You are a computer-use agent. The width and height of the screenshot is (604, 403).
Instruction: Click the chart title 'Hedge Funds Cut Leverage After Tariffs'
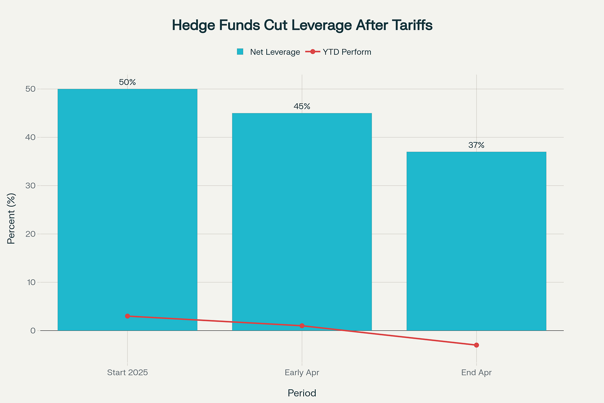click(302, 25)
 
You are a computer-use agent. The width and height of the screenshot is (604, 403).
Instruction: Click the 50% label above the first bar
click(127, 82)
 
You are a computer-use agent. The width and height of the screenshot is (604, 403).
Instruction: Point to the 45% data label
click(302, 106)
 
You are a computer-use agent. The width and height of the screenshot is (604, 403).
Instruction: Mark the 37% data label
click(476, 145)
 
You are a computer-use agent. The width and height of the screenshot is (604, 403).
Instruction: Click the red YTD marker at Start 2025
click(127, 316)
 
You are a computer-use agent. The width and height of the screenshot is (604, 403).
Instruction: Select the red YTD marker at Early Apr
click(302, 326)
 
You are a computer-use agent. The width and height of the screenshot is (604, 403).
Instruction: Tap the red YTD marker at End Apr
click(476, 345)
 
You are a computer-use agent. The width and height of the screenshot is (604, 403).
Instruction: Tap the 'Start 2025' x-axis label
click(127, 373)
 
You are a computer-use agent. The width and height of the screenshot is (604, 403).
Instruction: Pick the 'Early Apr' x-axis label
click(302, 373)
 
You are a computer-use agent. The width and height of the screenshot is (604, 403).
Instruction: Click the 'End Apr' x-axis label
click(476, 373)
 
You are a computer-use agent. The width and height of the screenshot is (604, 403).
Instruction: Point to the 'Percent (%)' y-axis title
click(11, 219)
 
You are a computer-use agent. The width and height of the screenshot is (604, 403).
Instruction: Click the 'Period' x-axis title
click(302, 393)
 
